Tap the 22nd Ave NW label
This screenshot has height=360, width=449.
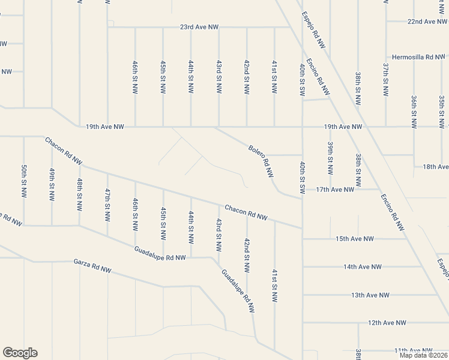(x=427, y=21)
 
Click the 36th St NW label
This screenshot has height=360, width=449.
(x=414, y=111)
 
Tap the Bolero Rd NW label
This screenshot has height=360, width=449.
(x=261, y=160)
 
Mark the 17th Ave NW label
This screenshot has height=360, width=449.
(x=335, y=190)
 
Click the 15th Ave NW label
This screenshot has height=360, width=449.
(x=354, y=239)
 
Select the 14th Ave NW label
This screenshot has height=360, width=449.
(x=363, y=266)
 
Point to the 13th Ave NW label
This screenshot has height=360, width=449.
(x=370, y=295)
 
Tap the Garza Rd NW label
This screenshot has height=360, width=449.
(x=92, y=266)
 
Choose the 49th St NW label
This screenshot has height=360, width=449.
(x=52, y=184)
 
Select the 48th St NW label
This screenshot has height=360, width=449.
(x=80, y=193)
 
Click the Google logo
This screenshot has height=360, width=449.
(x=20, y=353)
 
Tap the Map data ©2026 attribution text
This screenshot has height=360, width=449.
(x=423, y=355)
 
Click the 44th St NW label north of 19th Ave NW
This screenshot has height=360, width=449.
(x=191, y=76)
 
